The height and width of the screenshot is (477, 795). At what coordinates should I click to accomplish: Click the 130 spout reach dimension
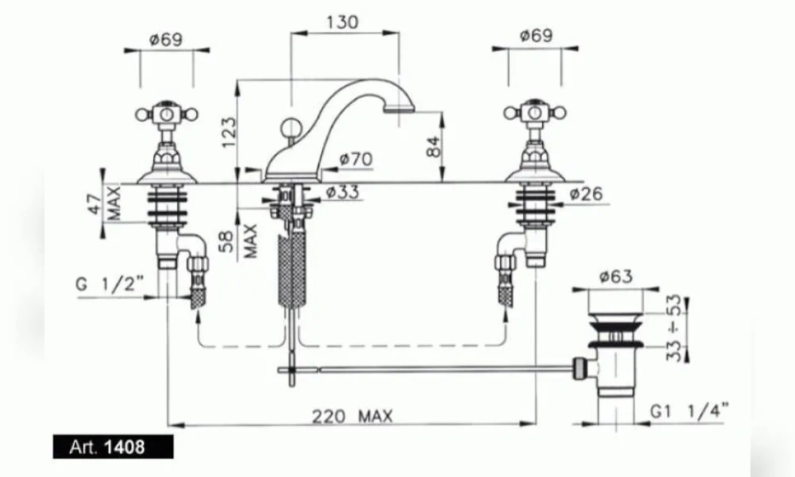click(x=343, y=22)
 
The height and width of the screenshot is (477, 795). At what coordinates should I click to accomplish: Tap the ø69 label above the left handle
click(x=166, y=39)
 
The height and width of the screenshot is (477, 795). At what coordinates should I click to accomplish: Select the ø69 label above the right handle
click(x=537, y=36)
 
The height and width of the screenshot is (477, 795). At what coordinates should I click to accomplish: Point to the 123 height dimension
click(x=229, y=132)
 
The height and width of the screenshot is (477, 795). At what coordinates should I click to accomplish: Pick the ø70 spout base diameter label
click(x=356, y=159)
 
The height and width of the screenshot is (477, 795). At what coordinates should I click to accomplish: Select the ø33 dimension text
click(x=343, y=193)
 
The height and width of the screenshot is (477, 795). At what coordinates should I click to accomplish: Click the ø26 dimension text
click(x=586, y=193)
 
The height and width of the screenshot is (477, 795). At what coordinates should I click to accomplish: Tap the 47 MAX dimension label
click(x=105, y=204)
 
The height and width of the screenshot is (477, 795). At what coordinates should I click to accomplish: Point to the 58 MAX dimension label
click(x=239, y=241)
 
